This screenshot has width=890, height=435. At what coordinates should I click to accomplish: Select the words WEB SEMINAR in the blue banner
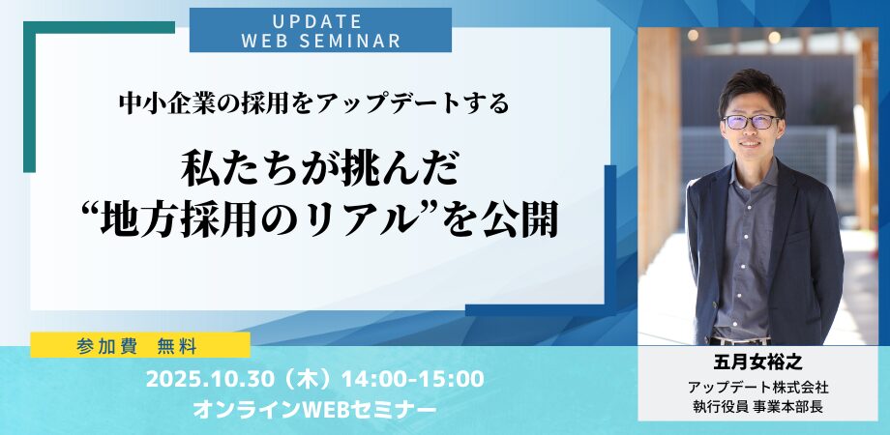321,41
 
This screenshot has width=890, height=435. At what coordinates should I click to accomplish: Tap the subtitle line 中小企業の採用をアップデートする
313,103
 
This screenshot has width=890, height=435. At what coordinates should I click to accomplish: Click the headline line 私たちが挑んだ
319,170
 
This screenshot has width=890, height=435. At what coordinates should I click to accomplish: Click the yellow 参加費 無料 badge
140,345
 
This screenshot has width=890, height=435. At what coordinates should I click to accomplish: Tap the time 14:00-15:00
413,380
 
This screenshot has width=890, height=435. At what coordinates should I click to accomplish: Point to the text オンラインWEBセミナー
315,410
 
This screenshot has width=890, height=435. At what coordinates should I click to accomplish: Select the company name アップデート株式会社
757,389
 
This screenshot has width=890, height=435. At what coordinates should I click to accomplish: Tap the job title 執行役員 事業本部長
757,407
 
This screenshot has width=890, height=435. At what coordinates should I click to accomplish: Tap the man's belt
740,340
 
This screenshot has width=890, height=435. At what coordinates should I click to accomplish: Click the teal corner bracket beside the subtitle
30,97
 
